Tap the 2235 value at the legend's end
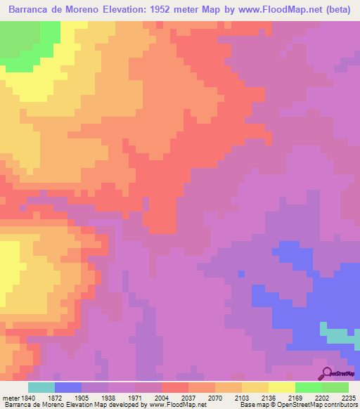pyautogui.click(x=349, y=397)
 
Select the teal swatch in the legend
pyautogui.click(x=41, y=387)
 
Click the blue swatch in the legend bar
pyautogui.click(x=68, y=387)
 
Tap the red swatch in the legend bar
pyautogui.click(x=175, y=387)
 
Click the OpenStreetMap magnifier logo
pyautogui.click(x=328, y=373)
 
